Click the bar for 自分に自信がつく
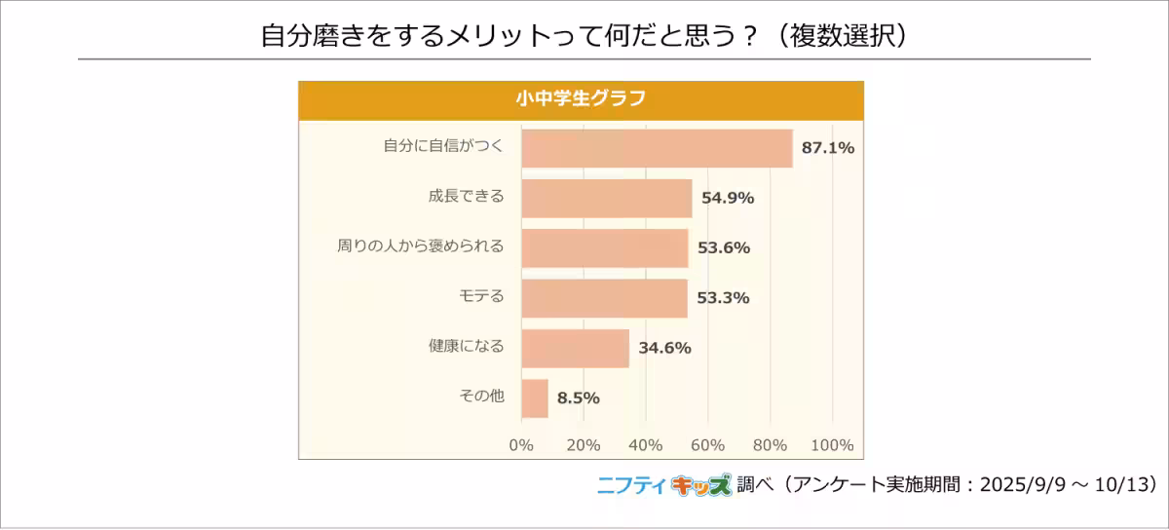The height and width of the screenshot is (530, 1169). pos(657,148)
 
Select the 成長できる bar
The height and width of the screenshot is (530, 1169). pos(606,198)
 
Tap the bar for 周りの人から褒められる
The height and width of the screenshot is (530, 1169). pos(604,247)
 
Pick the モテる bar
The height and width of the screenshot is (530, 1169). pos(604,298)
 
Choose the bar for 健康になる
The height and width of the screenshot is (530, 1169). pos(575,348)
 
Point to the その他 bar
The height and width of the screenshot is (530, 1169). pos(535,397)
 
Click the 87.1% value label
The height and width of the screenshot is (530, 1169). pos(827,148)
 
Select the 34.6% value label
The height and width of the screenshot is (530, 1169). pos(664,348)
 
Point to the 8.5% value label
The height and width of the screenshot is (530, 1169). pos(578,397)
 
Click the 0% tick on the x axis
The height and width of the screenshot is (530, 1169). pos(521,445)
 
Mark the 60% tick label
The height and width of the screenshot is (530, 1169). pos(708,445)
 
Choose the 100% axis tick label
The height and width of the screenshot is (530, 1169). pos(832,445)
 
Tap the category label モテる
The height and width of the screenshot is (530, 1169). pos(481,297)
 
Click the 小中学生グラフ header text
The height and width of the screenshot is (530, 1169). pos(581,98)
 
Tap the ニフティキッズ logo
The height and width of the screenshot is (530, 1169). pos(663,485)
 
